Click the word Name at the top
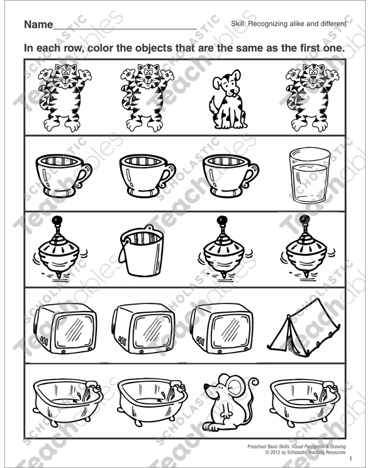(x=37, y=25)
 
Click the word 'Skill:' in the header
(x=242, y=24)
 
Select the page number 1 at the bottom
(x=350, y=458)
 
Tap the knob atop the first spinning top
(x=56, y=220)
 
